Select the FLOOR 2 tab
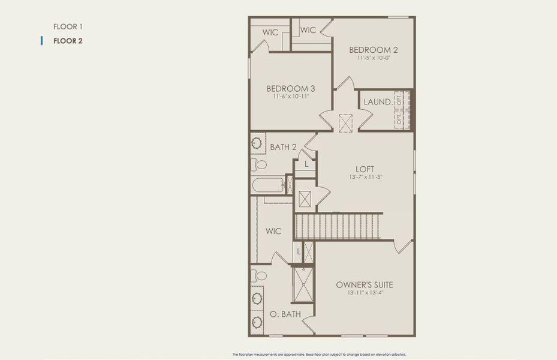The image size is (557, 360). [x=68, y=41]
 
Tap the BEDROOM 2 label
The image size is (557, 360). [x=374, y=50]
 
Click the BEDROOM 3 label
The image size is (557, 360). [x=291, y=88]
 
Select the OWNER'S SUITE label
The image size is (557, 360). [x=365, y=284]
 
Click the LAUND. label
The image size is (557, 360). [x=378, y=102]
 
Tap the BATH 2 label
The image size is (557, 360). [x=283, y=147]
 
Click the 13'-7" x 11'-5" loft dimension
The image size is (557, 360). [x=365, y=178]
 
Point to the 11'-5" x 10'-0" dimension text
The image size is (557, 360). [x=374, y=59]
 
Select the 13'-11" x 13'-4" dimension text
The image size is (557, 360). [x=365, y=293]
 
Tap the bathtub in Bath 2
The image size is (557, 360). [x=269, y=184]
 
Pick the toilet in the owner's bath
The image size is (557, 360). [x=259, y=276]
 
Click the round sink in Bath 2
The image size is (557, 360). [x=258, y=144]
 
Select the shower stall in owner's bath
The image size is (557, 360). [x=303, y=284]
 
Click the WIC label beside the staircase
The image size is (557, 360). [x=273, y=231]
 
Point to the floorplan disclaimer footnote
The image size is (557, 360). [x=323, y=355]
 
